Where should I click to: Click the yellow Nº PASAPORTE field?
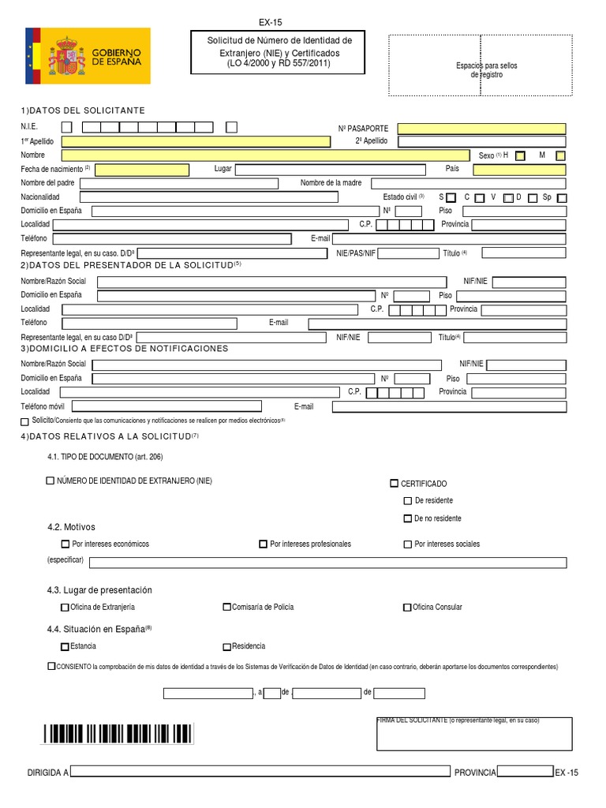tap(481, 129)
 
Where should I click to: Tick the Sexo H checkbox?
tap(520, 156)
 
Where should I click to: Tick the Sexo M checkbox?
tap(560, 156)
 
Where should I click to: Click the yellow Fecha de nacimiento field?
tap(143, 170)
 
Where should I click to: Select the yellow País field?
tap(520, 170)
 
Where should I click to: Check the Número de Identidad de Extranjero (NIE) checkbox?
tap(51, 481)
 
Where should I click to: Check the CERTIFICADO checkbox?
tap(395, 483)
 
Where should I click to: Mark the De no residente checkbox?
tap(407, 518)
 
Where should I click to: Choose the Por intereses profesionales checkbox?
tap(263, 544)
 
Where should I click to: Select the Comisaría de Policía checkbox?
tap(227, 607)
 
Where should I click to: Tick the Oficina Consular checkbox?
tap(407, 607)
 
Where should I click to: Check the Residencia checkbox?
tap(227, 646)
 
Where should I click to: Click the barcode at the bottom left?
tap(118, 734)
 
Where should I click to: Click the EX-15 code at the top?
tap(270, 23)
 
